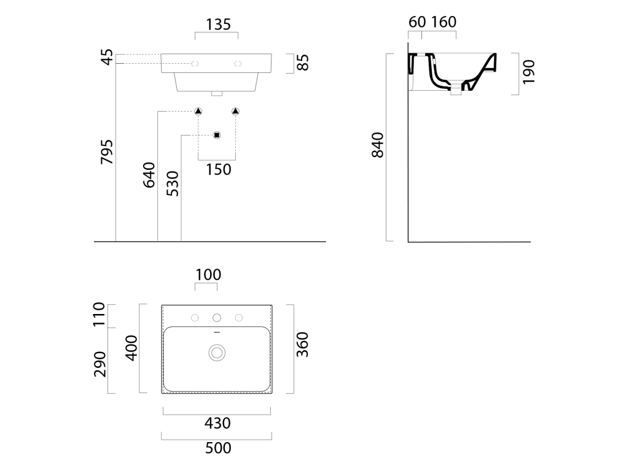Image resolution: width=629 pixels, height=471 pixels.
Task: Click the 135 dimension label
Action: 218,25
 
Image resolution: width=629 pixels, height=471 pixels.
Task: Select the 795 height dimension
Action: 107,152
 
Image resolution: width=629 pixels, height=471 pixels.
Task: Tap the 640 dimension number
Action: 149,175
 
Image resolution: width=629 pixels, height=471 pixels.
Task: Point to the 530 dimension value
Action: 173,184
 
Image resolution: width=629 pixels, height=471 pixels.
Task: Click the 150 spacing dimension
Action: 219,169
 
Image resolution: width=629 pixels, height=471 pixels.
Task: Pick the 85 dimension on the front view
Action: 303,63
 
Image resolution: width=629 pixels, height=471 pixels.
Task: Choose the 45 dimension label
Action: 107,57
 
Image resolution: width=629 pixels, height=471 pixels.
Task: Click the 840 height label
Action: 378,145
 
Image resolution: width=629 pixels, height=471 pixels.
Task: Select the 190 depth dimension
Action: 529,72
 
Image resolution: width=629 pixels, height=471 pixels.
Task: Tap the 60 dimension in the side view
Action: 417,22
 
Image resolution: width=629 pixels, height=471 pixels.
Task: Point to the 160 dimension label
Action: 443,22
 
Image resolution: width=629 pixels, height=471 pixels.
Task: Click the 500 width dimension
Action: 218,448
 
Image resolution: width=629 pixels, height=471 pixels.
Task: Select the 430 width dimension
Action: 217,423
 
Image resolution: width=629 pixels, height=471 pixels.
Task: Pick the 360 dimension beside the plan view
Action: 302,345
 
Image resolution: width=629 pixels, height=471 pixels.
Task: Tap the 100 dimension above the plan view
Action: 208,275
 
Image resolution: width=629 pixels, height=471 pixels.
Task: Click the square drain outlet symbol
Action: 217,135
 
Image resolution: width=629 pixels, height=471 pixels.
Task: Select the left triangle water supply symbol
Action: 198,111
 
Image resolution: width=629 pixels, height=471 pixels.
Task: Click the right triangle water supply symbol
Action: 235,111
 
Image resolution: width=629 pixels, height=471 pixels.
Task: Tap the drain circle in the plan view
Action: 217,353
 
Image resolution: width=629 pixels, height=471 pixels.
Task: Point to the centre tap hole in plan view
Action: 217,318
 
